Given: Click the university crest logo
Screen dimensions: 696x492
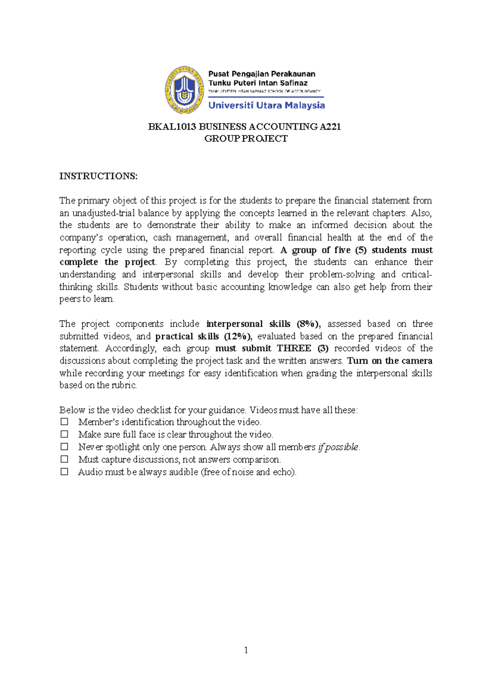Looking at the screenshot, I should (184, 90).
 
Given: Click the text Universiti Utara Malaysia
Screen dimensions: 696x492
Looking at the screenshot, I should (266, 105).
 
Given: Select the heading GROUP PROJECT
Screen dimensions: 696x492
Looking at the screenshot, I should (246, 139).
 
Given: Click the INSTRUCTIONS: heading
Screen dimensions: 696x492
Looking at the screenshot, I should (98, 176).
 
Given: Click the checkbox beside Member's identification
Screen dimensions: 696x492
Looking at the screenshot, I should (64, 421).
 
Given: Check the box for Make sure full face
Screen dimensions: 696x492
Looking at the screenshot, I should (64, 434).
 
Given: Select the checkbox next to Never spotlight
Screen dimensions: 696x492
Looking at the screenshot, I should (64, 446).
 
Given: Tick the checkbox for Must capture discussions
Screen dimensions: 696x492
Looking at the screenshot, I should (64, 459).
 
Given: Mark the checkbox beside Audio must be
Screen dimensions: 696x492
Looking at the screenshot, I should (64, 471).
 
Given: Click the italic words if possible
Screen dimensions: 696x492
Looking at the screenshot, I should (338, 447).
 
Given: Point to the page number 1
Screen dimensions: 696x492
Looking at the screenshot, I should (246, 650).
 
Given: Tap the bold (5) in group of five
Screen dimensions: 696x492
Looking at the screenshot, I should (361, 250).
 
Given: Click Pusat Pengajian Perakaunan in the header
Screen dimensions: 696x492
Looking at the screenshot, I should (262, 74).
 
